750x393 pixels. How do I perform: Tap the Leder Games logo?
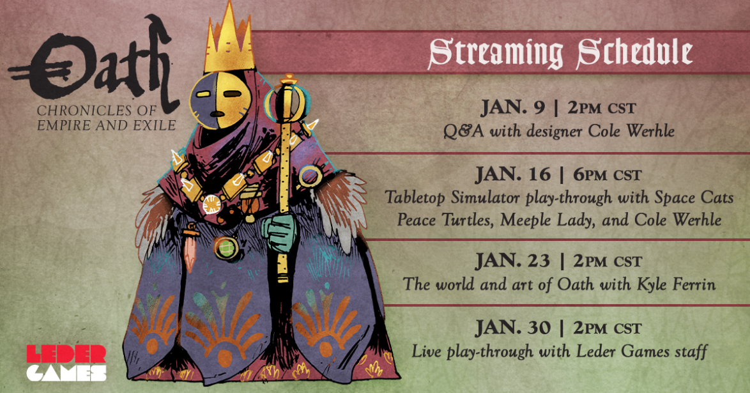tap(66, 363)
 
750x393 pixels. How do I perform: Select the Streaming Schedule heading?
tap(560, 52)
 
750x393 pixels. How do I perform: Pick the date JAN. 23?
tap(513, 261)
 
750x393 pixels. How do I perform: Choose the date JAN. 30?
tap(513, 328)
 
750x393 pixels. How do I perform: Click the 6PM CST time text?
tap(607, 174)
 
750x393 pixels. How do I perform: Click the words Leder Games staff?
tap(641, 352)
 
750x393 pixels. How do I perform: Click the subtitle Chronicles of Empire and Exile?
tap(106, 118)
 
